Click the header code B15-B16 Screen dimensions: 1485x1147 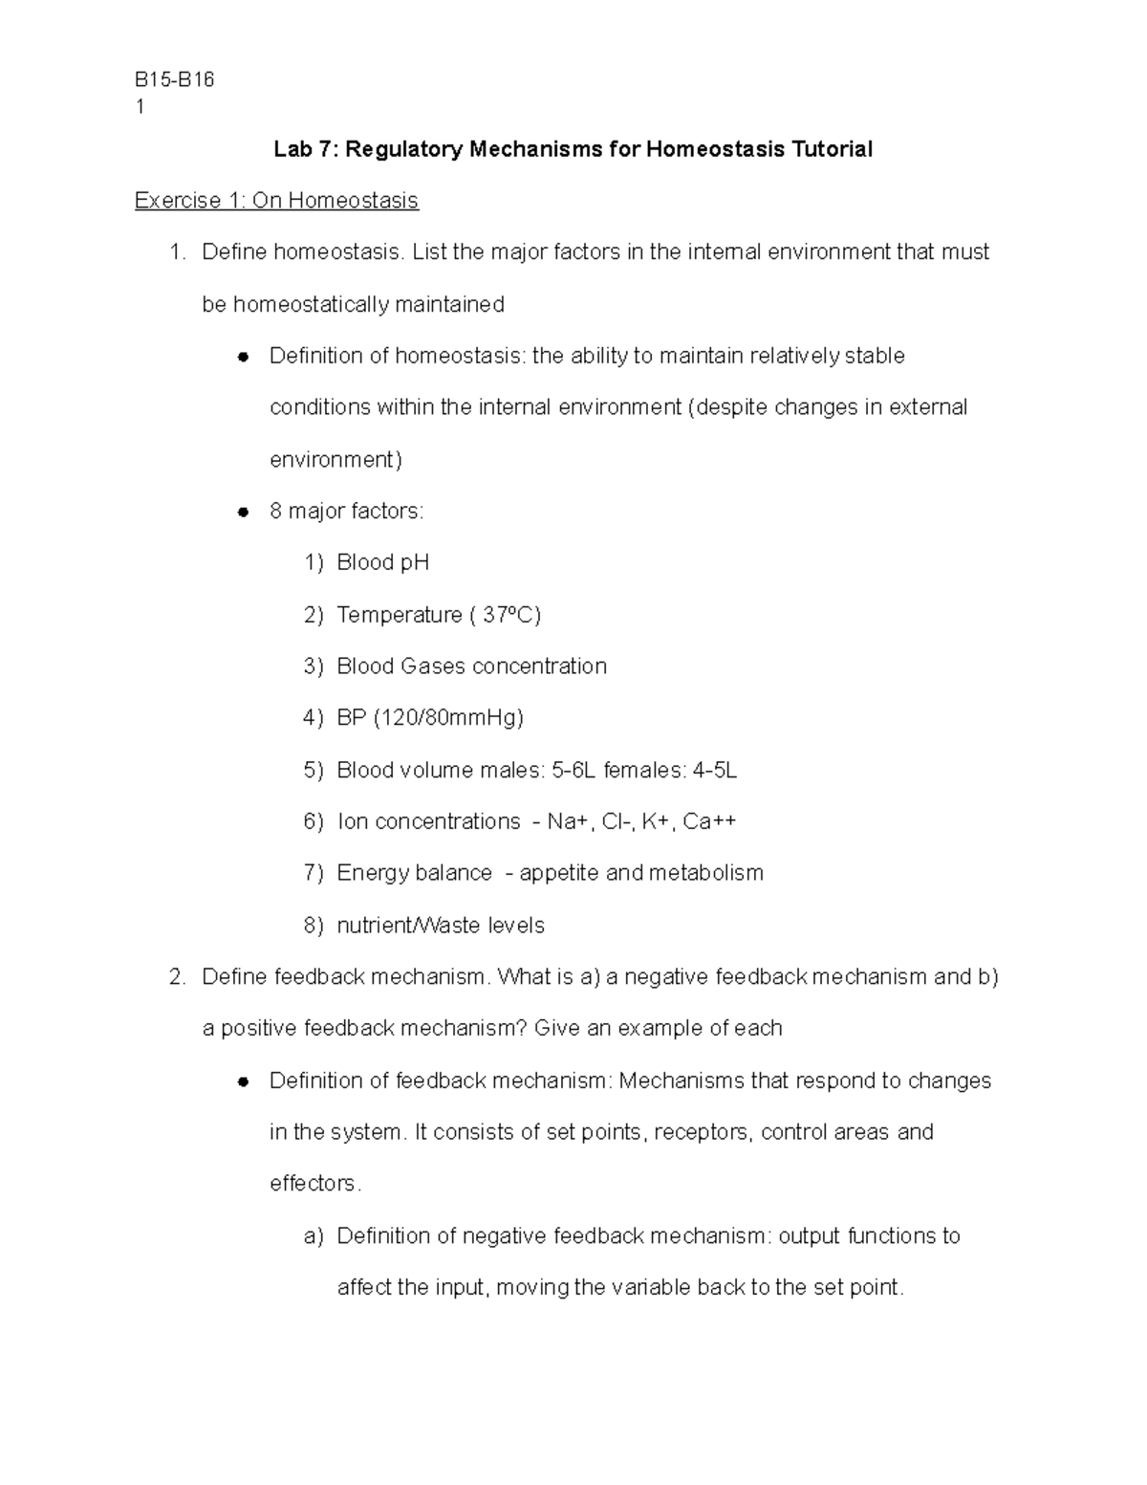point(175,80)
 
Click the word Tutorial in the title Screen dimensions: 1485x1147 point(831,149)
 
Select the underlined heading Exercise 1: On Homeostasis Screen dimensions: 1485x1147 point(276,201)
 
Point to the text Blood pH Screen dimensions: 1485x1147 point(382,562)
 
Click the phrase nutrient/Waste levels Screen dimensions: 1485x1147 point(441,926)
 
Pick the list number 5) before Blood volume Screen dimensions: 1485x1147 point(314,770)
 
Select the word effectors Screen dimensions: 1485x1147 point(315,1184)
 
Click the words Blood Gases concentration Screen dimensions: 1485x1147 point(471,666)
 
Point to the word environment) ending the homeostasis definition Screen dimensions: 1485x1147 point(335,460)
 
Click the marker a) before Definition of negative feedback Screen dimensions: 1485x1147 point(314,1236)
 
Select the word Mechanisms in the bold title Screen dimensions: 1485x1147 point(535,149)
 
